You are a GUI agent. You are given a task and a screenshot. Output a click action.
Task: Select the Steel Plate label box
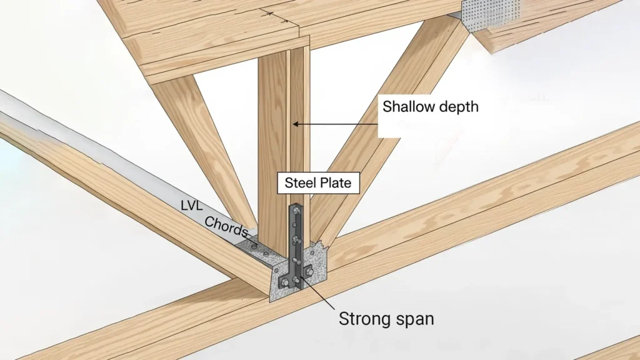(x=319, y=183)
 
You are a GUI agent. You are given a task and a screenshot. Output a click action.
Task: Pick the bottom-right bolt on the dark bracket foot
(x=308, y=270)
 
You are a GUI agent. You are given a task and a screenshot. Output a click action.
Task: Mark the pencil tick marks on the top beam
(x=275, y=14)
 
